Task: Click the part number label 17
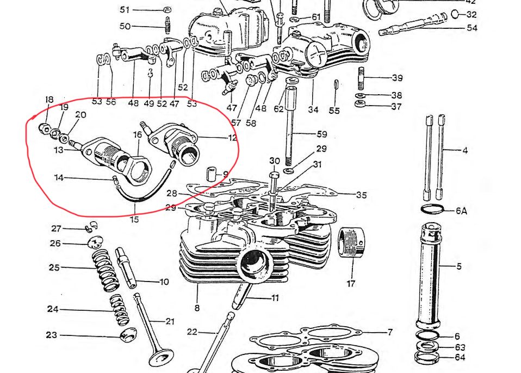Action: (351, 284)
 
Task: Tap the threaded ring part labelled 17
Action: (351, 243)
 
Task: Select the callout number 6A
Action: (461, 210)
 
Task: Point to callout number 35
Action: (362, 194)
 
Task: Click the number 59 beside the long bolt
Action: (322, 133)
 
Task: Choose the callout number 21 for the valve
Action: (170, 321)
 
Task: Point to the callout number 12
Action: (233, 138)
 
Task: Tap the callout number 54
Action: (472, 27)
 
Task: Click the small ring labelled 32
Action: (456, 14)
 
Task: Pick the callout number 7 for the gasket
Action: (389, 332)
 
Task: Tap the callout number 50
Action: (125, 26)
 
